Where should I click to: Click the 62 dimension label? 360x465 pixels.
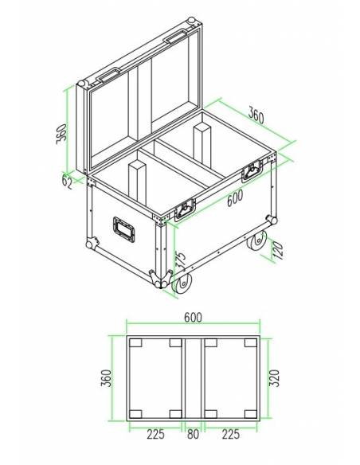(67, 181)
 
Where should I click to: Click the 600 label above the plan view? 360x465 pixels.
(192, 317)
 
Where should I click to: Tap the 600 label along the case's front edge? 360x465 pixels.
(234, 200)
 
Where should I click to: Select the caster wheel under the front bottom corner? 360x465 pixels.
(182, 283)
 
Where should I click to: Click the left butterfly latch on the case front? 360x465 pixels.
(186, 209)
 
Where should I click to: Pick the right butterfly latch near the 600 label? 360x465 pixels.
(254, 169)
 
